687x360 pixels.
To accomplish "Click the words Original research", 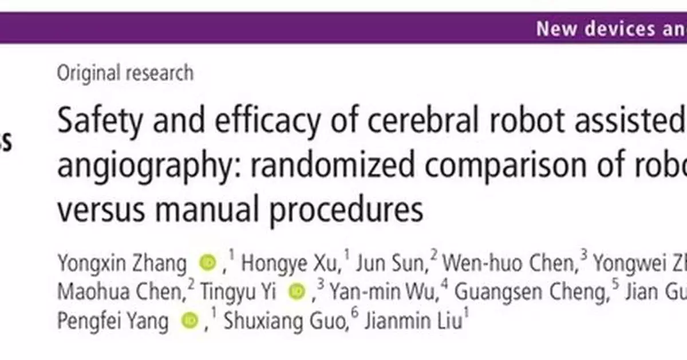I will pos(125,73).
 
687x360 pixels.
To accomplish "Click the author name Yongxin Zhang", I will pos(122,264).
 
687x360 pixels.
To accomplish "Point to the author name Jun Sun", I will pos(390,264).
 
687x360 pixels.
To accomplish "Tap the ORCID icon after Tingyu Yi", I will pos(297,292).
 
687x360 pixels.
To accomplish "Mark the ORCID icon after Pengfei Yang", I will pos(189,321).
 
